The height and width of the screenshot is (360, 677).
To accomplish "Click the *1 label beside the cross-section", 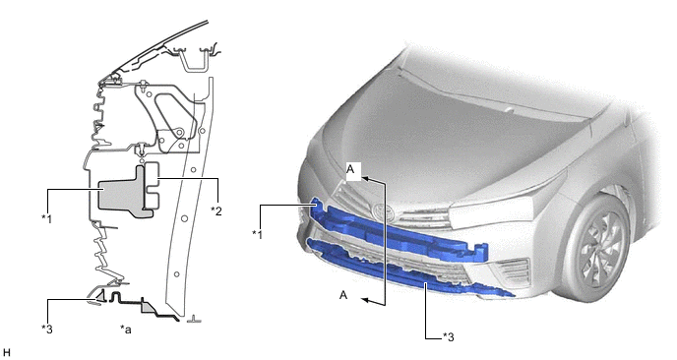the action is (46, 218).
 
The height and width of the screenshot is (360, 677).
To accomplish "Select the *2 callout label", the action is (216, 210).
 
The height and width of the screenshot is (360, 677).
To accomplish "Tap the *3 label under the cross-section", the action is (47, 329).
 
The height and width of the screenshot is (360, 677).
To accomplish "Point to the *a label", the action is (126, 330).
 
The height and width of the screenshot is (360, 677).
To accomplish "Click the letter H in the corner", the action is (6, 353).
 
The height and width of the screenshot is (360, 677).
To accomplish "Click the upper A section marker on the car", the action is (350, 169).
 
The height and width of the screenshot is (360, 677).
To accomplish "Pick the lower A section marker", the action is (343, 295).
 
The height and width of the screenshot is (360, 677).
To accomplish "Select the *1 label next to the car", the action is (258, 234).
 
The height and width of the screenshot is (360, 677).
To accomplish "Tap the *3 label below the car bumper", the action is (448, 336).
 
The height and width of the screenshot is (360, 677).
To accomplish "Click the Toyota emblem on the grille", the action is (384, 211).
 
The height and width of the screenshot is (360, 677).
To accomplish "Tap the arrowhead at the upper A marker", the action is (364, 178).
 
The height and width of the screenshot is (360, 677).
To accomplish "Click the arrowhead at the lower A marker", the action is (365, 300).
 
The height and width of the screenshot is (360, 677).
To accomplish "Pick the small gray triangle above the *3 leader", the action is (100, 296).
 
